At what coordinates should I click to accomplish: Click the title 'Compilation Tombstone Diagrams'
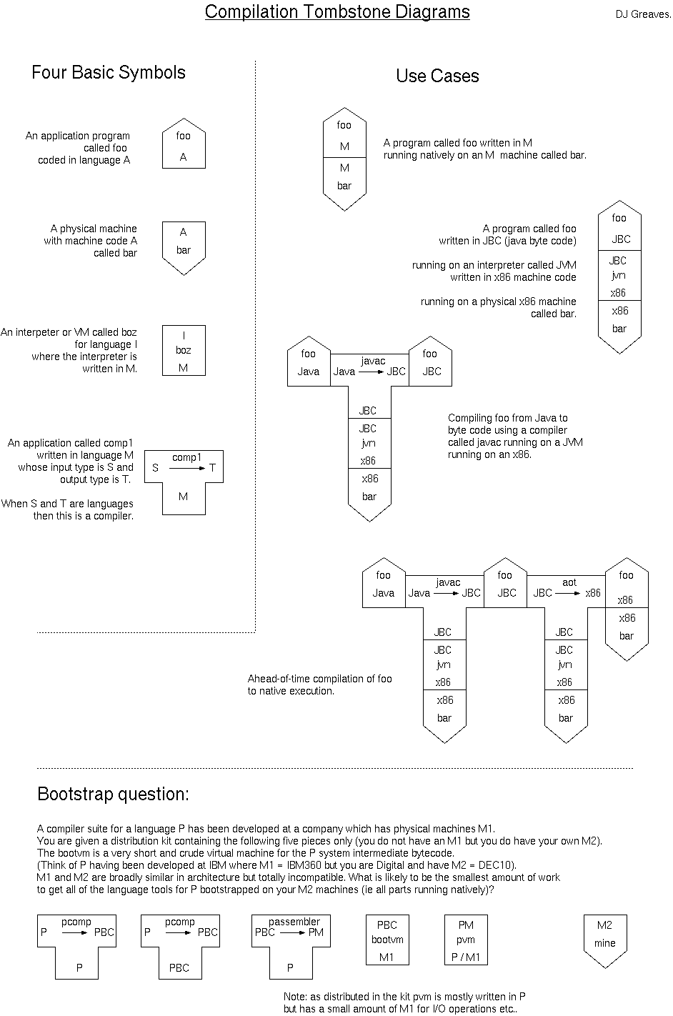[x=337, y=12]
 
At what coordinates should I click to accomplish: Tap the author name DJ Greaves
[x=642, y=14]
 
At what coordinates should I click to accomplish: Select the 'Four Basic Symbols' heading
[x=109, y=72]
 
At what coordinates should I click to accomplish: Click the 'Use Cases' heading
[x=437, y=76]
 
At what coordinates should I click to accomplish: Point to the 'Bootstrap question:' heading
[x=113, y=794]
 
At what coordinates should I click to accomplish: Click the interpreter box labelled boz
[x=184, y=350]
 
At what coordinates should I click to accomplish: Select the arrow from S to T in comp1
[x=187, y=468]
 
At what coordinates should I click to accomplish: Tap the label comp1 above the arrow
[x=186, y=457]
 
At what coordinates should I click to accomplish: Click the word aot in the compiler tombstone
[x=569, y=582]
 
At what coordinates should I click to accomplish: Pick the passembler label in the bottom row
[x=294, y=922]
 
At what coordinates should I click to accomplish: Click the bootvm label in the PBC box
[x=387, y=940]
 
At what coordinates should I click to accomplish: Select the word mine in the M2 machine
[x=604, y=943]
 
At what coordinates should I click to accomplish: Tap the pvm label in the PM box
[x=466, y=940]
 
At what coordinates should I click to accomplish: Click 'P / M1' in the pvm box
[x=466, y=957]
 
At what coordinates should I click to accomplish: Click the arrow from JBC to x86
[x=569, y=593]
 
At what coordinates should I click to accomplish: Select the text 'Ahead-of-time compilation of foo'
[x=319, y=679]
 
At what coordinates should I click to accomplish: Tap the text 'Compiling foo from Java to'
[x=507, y=418]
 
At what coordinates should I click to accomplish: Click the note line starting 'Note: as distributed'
[x=404, y=997]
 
